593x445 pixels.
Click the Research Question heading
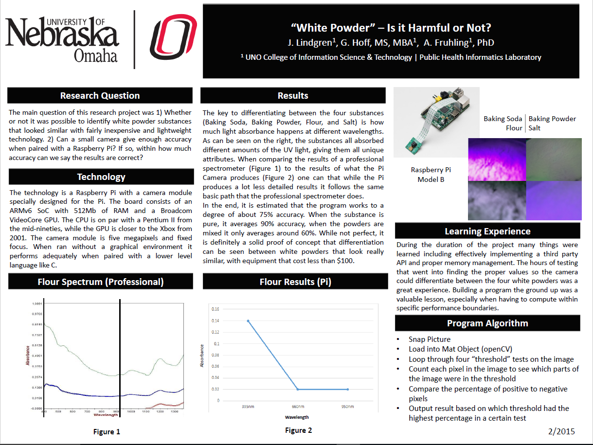(100, 96)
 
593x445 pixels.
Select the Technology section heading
(101, 177)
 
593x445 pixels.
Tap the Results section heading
(293, 96)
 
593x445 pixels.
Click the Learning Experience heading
(487, 231)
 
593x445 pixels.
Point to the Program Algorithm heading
(487, 323)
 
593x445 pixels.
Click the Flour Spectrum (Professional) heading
(101, 282)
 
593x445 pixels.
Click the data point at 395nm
(248, 321)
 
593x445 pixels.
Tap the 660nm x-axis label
(297, 407)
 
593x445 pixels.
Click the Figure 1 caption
(107, 431)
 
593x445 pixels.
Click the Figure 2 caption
(299, 430)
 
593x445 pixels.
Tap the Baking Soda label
(503, 119)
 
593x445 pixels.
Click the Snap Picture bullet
(430, 339)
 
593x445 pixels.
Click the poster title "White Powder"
(391, 28)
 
